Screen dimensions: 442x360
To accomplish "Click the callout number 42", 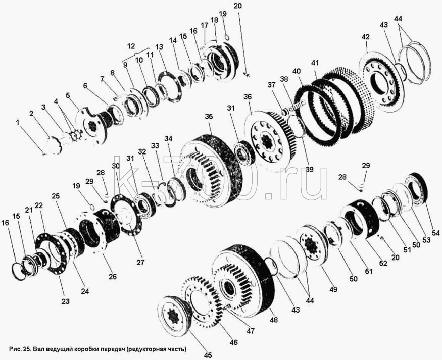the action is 365,37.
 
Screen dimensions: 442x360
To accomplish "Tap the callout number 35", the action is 209,117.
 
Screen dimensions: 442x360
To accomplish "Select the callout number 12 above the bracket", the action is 131,46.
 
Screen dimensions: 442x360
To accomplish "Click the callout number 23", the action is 65,301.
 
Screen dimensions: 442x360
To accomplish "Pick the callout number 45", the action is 208,356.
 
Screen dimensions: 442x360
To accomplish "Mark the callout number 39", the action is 309,169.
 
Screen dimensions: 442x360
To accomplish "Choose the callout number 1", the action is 18,122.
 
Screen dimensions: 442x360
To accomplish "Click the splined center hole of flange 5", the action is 91,126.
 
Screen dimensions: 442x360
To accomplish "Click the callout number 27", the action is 140,262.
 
